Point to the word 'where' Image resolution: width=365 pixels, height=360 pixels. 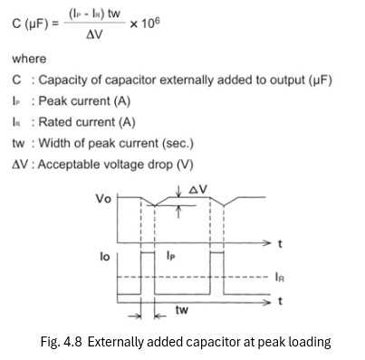[29, 59]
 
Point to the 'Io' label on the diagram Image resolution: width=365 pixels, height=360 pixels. [105, 257]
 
